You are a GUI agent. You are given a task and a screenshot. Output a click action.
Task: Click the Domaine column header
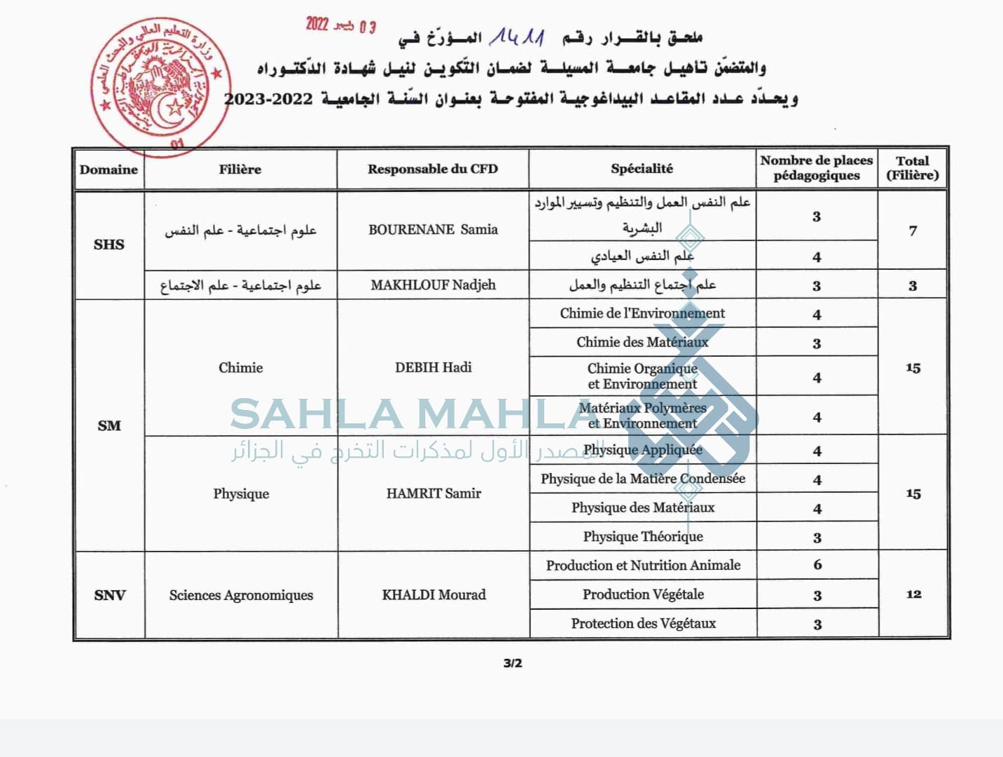109,169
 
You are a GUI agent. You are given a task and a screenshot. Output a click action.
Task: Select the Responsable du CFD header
432,169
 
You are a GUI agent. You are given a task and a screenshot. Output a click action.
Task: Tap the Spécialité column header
642,168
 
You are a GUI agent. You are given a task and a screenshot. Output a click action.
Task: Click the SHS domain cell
109,244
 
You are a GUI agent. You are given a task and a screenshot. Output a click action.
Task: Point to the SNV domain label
109,595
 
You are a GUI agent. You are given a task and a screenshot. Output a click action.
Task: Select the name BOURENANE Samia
433,229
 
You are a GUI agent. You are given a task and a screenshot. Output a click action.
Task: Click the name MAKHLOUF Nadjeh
433,285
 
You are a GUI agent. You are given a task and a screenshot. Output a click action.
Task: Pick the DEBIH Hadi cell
433,367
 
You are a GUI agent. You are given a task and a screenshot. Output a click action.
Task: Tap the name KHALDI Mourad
434,594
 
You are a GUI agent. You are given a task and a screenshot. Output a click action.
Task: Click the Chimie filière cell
240,367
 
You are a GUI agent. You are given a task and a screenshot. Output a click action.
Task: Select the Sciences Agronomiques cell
241,595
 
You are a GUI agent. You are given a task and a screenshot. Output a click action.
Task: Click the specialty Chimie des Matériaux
642,342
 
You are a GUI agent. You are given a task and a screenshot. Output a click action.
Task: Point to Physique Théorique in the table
643,536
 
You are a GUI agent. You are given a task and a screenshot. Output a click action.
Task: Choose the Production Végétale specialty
643,594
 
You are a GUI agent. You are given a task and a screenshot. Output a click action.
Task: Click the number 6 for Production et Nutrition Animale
817,565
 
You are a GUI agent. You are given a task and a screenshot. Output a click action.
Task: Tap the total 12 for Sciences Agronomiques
913,594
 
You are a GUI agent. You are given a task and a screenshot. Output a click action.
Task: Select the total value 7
913,231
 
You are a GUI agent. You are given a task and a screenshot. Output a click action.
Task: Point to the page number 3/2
513,663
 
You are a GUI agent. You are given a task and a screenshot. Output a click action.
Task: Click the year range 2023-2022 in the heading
268,99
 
